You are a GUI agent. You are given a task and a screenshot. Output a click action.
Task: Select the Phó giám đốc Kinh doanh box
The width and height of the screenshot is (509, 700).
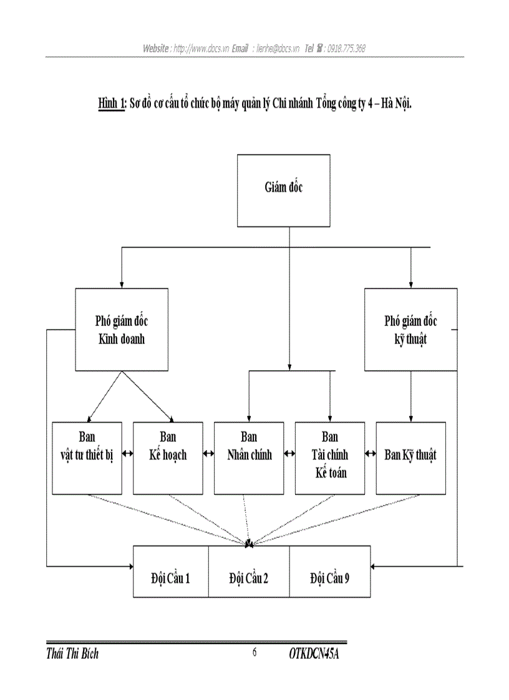pyautogui.click(x=122, y=330)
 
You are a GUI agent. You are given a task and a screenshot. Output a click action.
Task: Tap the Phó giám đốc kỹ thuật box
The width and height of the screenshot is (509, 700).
pyautogui.click(x=410, y=330)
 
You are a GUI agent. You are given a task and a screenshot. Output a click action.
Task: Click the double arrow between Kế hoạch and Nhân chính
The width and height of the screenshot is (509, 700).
pyautogui.click(x=208, y=454)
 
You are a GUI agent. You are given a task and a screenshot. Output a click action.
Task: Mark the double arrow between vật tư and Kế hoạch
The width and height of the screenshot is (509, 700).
pyautogui.click(x=127, y=454)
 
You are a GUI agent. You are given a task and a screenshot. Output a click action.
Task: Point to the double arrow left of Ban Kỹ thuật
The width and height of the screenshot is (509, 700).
pyautogui.click(x=371, y=454)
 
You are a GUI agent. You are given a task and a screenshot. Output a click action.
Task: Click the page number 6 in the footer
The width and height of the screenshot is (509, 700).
pyautogui.click(x=254, y=653)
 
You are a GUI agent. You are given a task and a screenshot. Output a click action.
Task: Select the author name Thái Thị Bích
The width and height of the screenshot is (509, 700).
pyautogui.click(x=72, y=654)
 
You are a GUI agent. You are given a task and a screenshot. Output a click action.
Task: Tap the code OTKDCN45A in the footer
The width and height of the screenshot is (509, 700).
pyautogui.click(x=318, y=654)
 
